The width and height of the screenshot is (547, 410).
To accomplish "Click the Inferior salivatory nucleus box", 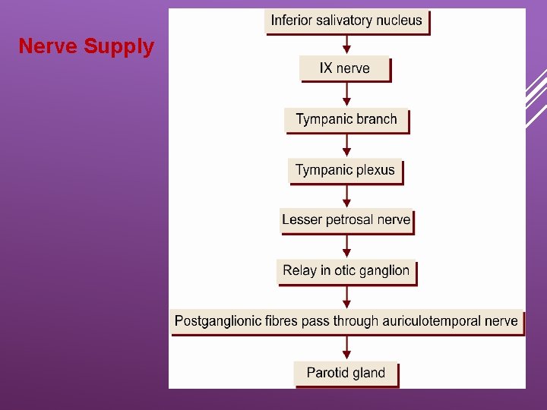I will click(346, 20).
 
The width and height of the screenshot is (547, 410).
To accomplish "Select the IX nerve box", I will click(345, 68).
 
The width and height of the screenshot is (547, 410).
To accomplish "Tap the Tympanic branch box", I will click(346, 119).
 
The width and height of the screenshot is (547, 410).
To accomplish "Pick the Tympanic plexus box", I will click(345, 170).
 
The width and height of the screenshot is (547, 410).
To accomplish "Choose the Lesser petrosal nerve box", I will click(346, 220).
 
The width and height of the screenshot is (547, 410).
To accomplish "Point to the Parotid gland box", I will click(346, 373).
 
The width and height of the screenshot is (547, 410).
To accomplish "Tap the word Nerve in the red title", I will click(48, 47).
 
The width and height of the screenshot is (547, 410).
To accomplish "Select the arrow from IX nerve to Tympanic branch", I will click(347, 94).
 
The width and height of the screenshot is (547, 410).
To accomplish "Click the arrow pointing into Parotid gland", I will click(347, 347).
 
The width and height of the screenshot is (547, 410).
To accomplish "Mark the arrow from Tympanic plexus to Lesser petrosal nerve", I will click(347, 195).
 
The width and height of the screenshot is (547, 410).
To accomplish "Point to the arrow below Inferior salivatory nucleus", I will click(347, 44).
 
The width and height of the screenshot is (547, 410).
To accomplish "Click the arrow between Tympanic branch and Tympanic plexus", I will click(347, 145).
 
